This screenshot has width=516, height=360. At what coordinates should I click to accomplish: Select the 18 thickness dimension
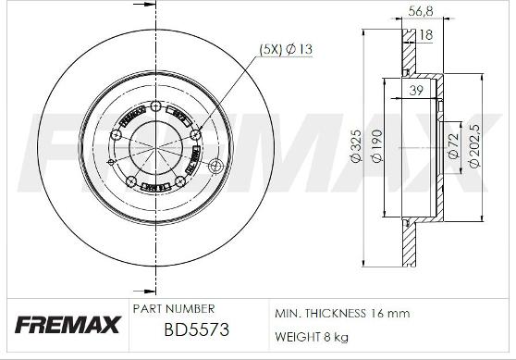point(425,35)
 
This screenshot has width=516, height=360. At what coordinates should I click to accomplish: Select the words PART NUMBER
point(174,308)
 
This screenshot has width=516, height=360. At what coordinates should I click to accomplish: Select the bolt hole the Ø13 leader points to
point(195,135)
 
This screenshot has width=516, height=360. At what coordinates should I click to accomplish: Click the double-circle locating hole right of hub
point(217,167)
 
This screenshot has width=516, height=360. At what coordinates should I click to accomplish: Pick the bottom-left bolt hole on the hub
point(130,179)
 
